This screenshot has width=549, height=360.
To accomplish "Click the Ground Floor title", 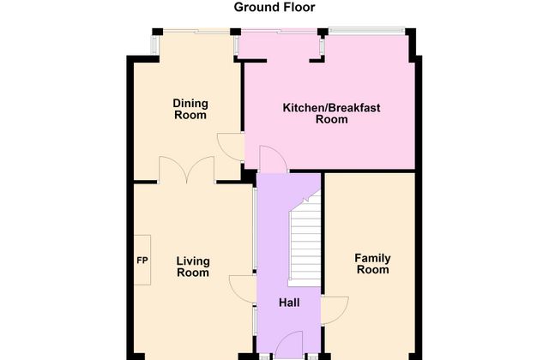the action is pos(274,8).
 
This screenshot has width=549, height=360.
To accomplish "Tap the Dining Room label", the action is pos(190,109).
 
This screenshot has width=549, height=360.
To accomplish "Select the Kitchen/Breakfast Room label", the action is pos(331,113).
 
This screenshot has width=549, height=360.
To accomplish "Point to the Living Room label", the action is pos(193,267).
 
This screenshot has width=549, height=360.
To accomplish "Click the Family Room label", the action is pos(372,264).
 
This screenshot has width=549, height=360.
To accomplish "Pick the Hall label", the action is pos(289,303).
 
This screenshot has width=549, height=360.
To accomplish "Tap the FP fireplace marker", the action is pos(142,261).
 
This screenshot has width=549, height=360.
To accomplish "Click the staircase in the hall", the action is pos(305,238).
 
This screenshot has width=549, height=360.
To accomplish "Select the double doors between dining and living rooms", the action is pos(186,170).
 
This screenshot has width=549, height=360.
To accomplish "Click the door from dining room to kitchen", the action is pos(231,147).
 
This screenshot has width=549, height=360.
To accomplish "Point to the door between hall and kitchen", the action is pos(274,159).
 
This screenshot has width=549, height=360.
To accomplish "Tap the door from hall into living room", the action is pos(243,289).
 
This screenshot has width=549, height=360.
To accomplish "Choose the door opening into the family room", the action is pos(335,310).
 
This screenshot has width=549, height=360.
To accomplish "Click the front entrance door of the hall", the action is pos(289,345).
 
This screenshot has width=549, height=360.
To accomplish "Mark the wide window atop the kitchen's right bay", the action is pos(366,31).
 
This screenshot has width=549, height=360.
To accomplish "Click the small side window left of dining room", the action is pos(154,45).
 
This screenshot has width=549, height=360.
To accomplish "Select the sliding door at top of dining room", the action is pos(196,31).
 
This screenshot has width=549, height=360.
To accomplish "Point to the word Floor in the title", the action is pos(298,8).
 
